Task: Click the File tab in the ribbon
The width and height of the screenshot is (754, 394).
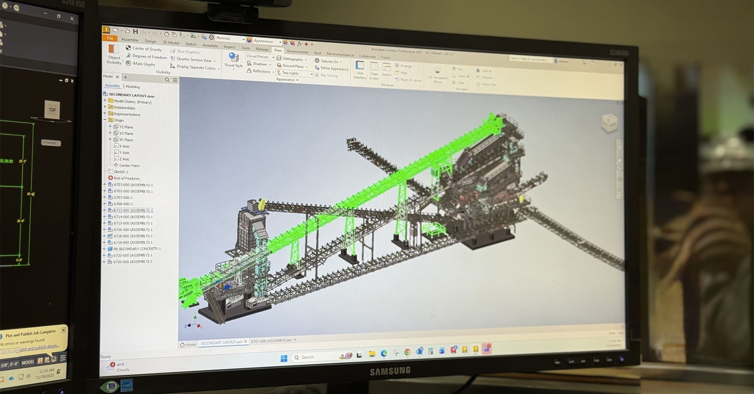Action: coord(110,38)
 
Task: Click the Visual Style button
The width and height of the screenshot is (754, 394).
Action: coord(233,61)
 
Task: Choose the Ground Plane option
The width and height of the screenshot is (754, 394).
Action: coord(293,66)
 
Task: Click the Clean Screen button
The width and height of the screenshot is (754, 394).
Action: coord(374,71)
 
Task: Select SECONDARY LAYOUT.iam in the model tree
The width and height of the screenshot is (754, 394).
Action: coord(131,95)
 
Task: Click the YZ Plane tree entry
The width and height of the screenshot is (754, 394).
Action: coord(126,127)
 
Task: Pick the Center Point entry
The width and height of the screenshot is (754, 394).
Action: coord(129,165)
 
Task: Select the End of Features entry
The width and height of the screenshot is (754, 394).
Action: coord(126,178)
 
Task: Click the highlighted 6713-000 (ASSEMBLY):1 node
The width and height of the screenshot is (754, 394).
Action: coord(133,210)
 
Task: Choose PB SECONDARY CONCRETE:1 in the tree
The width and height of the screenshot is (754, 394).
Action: coord(137,249)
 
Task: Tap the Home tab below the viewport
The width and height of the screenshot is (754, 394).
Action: coord(188,345)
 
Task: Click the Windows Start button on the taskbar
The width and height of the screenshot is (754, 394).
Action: coord(284,358)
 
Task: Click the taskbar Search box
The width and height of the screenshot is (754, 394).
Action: coord(315,358)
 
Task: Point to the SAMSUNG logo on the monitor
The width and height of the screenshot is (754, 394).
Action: coord(390,371)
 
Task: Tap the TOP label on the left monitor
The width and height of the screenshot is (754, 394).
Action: coord(52,110)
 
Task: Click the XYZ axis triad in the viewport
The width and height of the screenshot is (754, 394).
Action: coord(194,323)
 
